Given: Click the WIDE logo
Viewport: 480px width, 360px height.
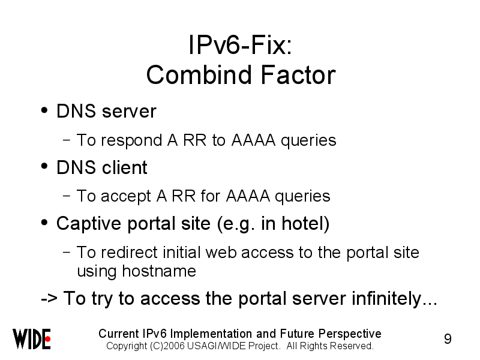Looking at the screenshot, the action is coord(31,338).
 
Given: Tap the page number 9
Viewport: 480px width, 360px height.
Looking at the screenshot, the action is coord(448,339).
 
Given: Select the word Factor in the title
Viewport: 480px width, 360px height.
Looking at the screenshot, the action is coord(298,75).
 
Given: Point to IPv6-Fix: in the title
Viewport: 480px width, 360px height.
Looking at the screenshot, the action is coord(241,45).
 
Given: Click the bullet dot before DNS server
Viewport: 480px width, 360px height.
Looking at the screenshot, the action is coord(44,110).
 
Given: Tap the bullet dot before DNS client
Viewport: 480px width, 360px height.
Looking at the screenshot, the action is coord(44,166).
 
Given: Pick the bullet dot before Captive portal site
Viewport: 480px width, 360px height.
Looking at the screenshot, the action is coord(44,223).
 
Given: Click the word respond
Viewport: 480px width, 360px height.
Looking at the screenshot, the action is coord(131,141).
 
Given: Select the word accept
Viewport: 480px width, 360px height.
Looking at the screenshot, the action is coord(126,197).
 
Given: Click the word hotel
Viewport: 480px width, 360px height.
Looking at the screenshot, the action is coord(302,223).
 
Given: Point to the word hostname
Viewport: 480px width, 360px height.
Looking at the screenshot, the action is coord(159,271).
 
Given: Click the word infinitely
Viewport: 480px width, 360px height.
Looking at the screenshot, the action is coord(386,299).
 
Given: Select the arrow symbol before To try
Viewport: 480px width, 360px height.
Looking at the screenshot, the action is coord(49,298).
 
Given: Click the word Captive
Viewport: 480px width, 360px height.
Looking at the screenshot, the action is coord(89,224).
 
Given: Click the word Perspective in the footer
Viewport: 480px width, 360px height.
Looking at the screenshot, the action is coord(350,334).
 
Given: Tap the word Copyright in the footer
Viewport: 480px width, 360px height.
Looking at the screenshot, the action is coord(127,347).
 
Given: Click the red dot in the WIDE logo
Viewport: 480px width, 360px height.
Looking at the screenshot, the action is coord(47,339).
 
